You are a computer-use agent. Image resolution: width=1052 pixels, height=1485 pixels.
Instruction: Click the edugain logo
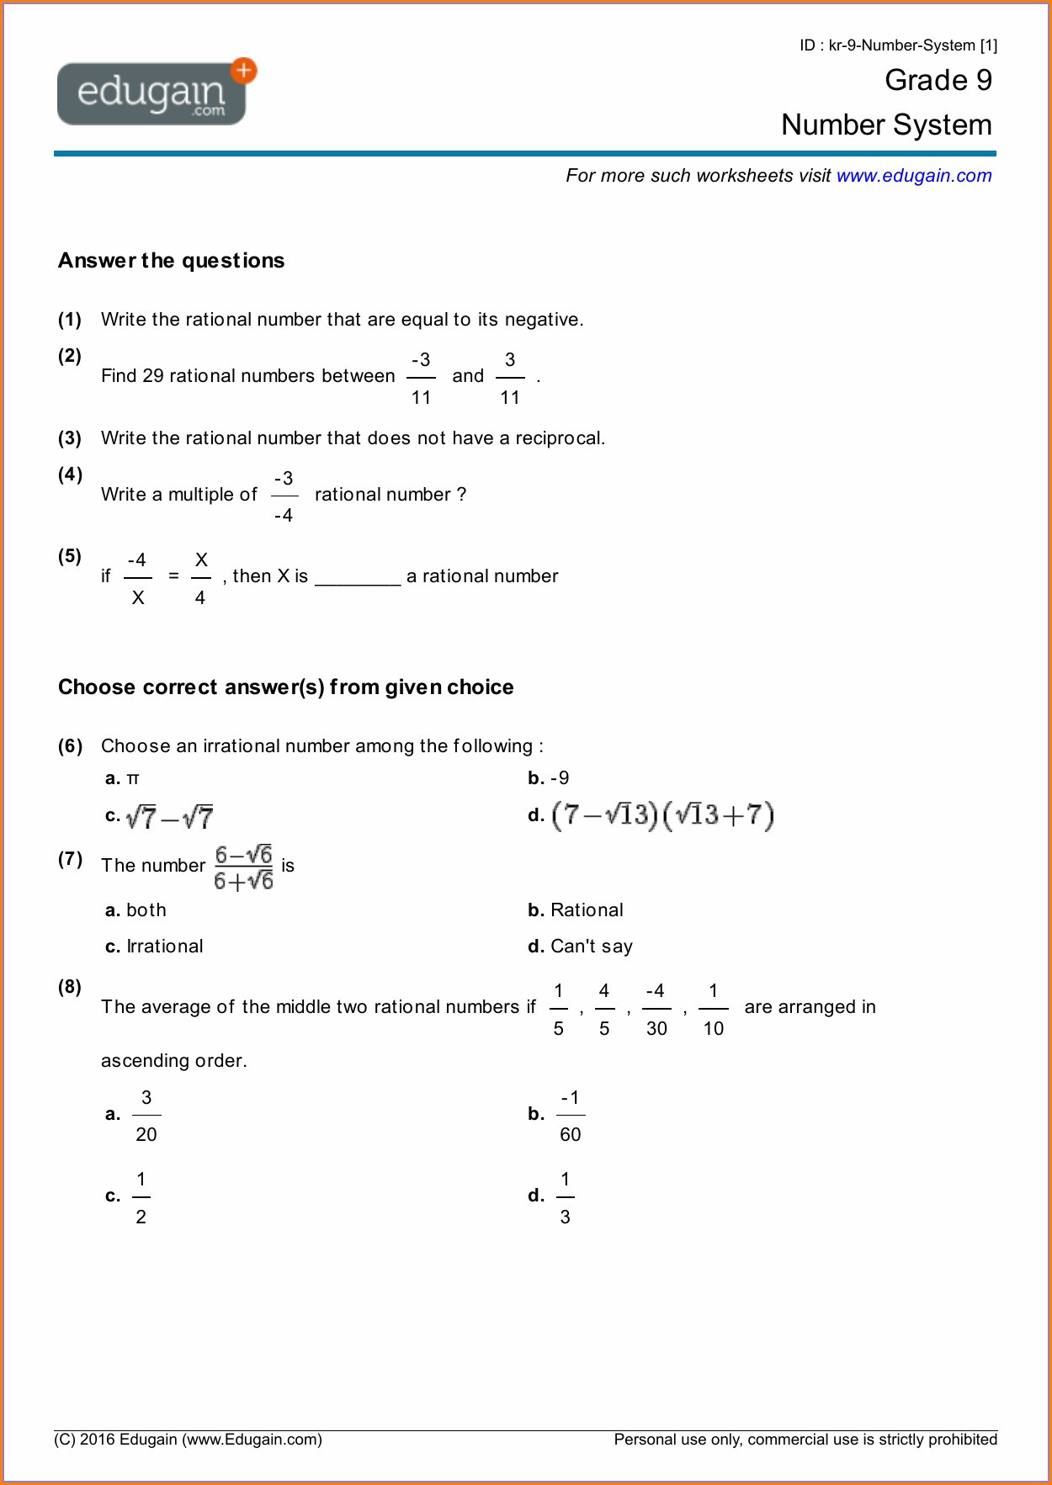coord(151,94)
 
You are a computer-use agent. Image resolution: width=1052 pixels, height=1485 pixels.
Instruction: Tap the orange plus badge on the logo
coord(244,71)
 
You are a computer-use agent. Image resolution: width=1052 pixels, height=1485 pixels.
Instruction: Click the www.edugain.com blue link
coord(913,176)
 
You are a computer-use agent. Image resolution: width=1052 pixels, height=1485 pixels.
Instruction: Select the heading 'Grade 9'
coord(938,81)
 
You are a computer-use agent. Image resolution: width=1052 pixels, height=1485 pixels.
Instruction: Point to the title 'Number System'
coord(885,125)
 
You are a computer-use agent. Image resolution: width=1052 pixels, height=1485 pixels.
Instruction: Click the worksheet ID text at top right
coord(897,45)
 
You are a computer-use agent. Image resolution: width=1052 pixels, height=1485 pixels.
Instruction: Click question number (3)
coord(70,438)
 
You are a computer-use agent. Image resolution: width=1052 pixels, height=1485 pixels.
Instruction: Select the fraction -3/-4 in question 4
coord(284,496)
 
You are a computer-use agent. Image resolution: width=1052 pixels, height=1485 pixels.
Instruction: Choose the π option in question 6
coord(132,779)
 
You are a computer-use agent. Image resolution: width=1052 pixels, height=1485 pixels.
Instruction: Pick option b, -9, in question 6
coord(559,778)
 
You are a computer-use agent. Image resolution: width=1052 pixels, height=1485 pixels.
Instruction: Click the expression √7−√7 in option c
coord(169,817)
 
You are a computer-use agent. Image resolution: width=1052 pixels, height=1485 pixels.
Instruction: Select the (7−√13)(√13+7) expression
coord(662,815)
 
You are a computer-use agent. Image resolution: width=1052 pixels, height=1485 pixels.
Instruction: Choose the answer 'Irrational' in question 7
coord(164,947)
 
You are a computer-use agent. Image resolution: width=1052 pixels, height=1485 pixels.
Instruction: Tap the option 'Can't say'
coord(591,947)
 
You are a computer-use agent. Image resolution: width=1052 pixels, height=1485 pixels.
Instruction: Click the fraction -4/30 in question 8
coord(656,1009)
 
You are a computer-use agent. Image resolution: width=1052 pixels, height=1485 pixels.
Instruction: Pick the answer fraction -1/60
coord(570,1116)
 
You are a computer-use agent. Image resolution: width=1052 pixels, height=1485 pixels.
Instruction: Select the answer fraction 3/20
coord(146,1116)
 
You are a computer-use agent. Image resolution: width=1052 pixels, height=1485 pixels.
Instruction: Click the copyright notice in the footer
coord(188,1440)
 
